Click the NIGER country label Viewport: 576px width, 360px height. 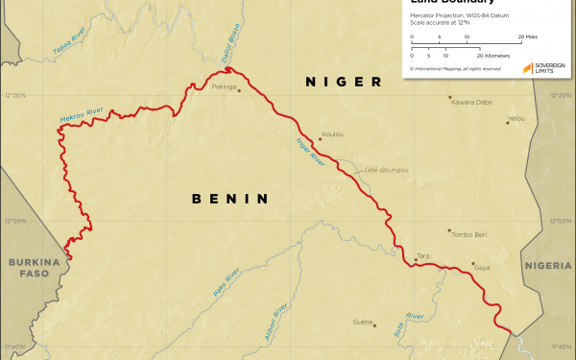tap(344, 83)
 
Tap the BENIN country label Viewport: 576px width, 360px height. tap(228, 199)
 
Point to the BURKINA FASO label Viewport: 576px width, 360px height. tap(28, 268)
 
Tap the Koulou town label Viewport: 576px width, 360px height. tap(333, 134)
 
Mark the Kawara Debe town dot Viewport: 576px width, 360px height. tap(449, 96)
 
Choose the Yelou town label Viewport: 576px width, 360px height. tap(517, 118)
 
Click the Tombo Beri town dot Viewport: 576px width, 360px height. tap(448, 230)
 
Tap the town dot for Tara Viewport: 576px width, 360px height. tap(414, 258)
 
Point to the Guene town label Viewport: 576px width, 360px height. tap(362, 322)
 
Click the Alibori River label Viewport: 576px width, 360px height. tap(276, 323)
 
